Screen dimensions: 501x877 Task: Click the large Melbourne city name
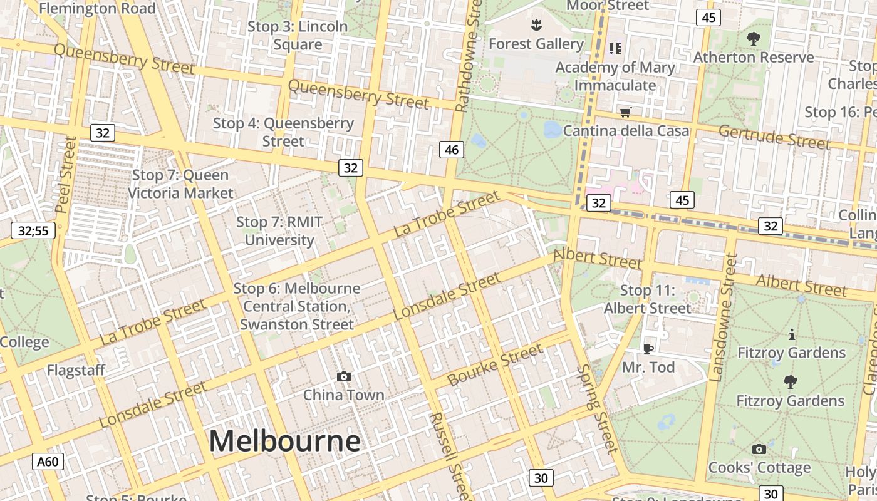coord(284,441)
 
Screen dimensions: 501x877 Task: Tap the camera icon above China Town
coord(343,376)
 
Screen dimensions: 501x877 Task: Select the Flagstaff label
coord(76,371)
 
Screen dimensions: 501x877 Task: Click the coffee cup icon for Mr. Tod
coord(648,349)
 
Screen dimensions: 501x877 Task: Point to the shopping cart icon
coord(625,113)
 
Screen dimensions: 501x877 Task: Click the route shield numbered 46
coord(452,149)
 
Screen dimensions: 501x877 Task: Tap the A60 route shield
coord(48,462)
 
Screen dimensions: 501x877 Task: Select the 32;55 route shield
coord(33,230)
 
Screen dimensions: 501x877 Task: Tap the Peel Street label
coord(66,175)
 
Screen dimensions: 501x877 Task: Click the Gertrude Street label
coord(774,137)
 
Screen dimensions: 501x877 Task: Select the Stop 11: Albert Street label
coord(647,299)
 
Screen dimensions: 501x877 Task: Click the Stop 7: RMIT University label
coord(279,231)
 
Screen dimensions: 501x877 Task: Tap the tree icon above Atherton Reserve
coord(753,39)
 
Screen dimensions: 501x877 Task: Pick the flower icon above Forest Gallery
coord(536,26)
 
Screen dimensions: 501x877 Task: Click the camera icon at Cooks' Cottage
coord(759,449)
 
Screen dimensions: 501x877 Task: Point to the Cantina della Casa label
coord(626,131)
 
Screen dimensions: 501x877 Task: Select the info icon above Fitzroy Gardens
coord(792,334)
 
